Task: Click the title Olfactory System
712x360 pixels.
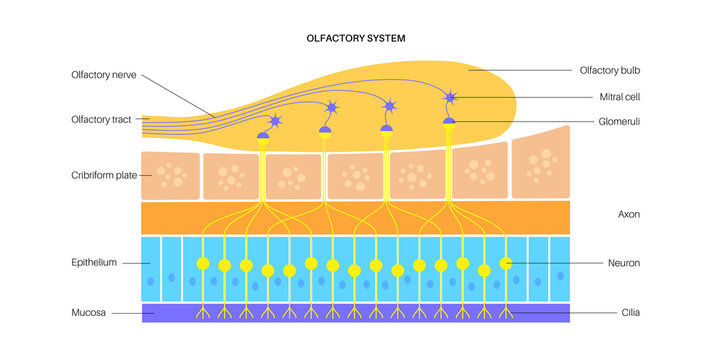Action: (x=355, y=38)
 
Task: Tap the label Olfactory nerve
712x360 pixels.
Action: (x=104, y=74)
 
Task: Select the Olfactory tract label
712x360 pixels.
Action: (x=103, y=119)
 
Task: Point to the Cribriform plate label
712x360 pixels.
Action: (x=105, y=175)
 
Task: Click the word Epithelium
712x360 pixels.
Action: (x=94, y=262)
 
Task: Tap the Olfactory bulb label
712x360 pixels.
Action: (x=609, y=71)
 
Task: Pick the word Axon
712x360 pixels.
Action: (x=629, y=214)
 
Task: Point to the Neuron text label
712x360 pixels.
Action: (x=623, y=263)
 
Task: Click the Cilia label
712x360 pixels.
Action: (x=629, y=313)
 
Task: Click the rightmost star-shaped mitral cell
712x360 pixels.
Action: (x=450, y=97)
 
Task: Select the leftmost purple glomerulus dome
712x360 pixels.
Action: (x=264, y=134)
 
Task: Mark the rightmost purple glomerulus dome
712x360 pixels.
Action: (x=449, y=121)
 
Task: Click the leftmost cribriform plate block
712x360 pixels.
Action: (x=171, y=175)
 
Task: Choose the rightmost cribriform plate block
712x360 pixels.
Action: (x=540, y=165)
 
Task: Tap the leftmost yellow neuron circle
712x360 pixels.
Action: (x=203, y=264)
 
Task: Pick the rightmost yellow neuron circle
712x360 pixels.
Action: (x=506, y=263)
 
